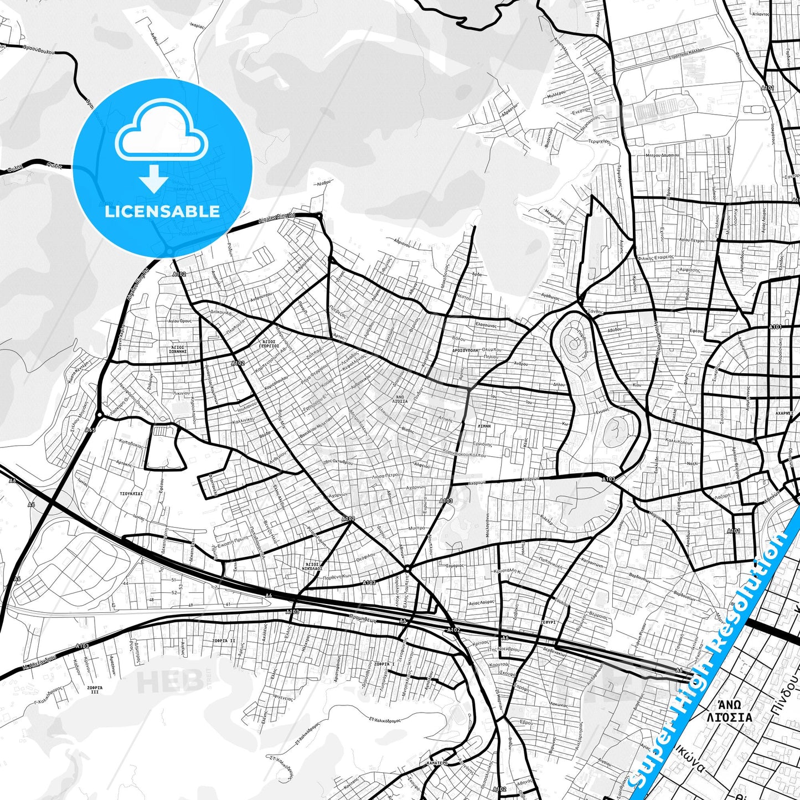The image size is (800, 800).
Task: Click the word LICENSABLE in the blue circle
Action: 162,211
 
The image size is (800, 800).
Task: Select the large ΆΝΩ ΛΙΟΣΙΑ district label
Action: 729,712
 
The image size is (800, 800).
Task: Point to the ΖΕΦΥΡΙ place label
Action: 548,622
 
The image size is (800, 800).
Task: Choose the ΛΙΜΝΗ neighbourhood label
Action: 483,427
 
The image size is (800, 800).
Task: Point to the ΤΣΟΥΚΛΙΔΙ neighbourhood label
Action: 131,492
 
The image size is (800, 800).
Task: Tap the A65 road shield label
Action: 90,429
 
